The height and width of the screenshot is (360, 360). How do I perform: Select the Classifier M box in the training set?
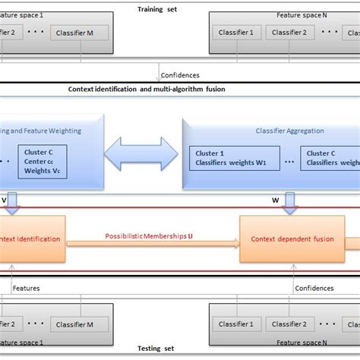(79, 33)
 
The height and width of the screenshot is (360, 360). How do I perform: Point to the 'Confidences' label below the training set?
(182, 75)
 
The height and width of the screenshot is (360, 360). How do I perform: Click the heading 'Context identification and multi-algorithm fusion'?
(146, 90)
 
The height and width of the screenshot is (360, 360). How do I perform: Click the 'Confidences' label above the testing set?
(314, 288)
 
